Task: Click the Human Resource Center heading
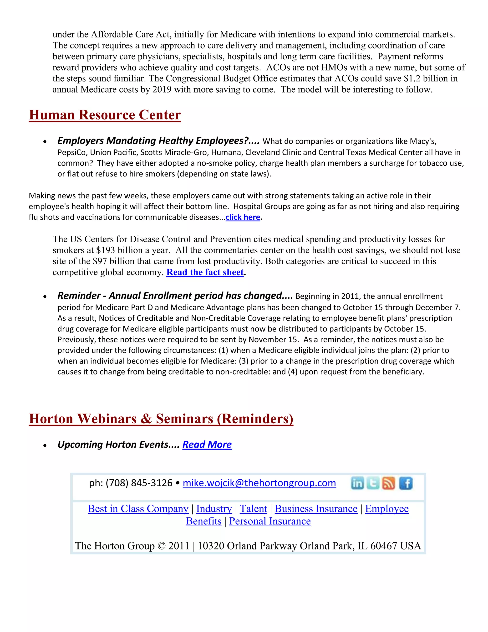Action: [x=105, y=115]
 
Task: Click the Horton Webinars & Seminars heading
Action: [x=161, y=419]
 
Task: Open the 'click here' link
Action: [x=243, y=217]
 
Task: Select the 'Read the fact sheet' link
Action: [x=205, y=272]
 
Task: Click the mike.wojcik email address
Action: [x=259, y=483]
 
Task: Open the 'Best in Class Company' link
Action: [x=138, y=509]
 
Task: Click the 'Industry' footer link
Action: [x=214, y=509]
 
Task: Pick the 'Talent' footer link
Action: [x=253, y=509]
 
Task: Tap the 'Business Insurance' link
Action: [x=316, y=509]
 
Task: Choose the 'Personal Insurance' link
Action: [x=270, y=521]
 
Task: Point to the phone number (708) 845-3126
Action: [x=139, y=483]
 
